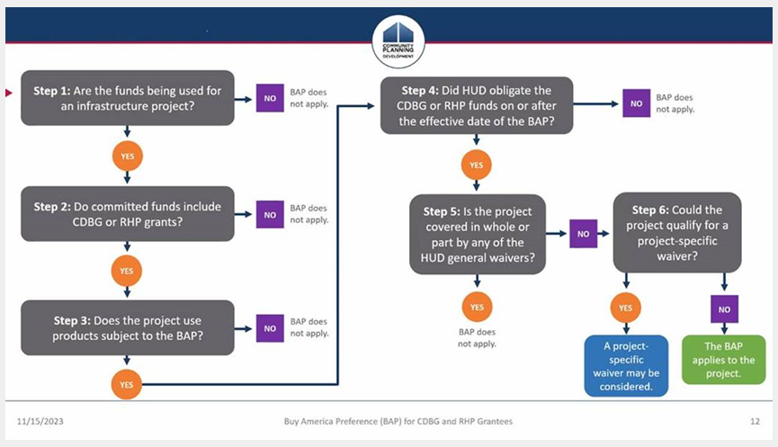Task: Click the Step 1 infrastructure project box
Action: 128,98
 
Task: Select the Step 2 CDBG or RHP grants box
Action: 128,214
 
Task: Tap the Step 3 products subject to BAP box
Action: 128,327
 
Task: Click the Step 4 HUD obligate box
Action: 477,105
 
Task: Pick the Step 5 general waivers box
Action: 478,234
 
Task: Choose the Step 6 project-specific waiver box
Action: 677,232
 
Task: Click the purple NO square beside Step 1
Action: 270,98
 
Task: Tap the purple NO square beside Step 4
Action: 637,103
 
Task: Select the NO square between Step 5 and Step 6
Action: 583,234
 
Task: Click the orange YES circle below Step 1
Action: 128,156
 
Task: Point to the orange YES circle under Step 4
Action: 477,165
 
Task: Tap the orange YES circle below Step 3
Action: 127,384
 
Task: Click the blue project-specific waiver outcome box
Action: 626,366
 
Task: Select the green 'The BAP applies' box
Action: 723,360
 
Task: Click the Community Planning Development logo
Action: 398,41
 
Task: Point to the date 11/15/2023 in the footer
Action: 40,421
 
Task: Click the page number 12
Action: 755,421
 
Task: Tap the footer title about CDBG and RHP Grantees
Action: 398,421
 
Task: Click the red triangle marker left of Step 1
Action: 8,93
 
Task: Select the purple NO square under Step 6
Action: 724,309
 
